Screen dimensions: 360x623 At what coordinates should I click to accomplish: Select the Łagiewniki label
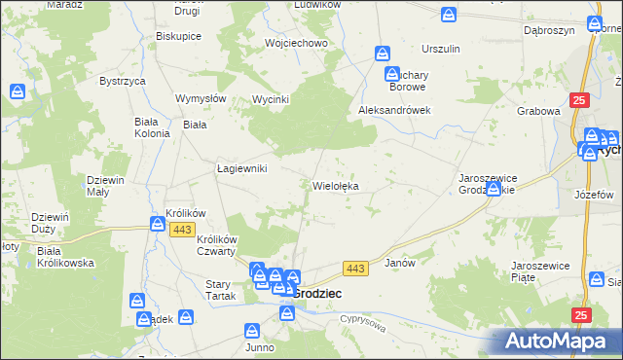click(241, 168)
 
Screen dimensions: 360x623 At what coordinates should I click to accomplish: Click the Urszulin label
click(440, 49)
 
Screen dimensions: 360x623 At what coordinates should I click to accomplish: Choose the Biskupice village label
click(178, 36)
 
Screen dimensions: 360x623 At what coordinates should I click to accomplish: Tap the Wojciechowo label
click(296, 43)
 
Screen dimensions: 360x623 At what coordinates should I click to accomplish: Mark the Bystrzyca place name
click(122, 81)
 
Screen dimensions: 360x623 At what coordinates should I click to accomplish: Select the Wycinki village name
click(273, 99)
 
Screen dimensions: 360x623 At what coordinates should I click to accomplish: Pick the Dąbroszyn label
click(545, 30)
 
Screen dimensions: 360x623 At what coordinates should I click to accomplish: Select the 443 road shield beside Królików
click(182, 229)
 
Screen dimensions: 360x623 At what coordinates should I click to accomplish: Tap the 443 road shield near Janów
click(355, 268)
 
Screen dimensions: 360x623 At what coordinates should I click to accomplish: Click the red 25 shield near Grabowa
click(580, 99)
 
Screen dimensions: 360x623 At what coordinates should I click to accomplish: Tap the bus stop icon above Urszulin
click(449, 16)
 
